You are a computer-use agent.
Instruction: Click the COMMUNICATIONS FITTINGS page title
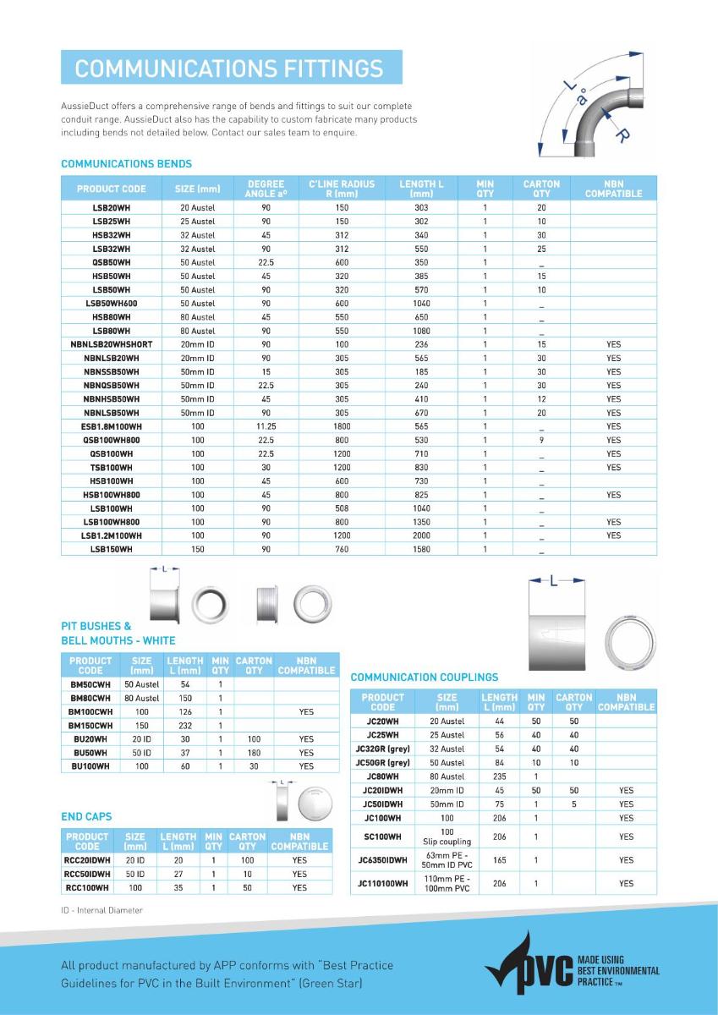[x=229, y=68]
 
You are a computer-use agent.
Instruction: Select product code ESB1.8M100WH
[x=112, y=426]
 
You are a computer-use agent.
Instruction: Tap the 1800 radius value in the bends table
[x=342, y=426]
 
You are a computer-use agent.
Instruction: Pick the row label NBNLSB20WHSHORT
[x=112, y=344]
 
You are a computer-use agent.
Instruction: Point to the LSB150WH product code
[x=112, y=550]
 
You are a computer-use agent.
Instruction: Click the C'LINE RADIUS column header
[x=342, y=189]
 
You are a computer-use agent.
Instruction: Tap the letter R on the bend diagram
[x=622, y=135]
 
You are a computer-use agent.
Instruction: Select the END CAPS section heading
[x=86, y=816]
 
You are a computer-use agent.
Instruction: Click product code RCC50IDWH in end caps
[x=88, y=874]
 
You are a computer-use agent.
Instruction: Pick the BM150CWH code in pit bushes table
[x=90, y=726]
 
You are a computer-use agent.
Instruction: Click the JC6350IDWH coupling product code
[x=383, y=860]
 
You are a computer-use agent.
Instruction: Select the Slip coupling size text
[x=447, y=842]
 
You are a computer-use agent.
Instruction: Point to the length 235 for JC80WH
[x=499, y=776]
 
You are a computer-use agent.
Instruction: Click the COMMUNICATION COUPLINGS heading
[x=425, y=677]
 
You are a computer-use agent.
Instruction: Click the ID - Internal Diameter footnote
[x=102, y=910]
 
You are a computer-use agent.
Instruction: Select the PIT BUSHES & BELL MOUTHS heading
[x=118, y=634]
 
